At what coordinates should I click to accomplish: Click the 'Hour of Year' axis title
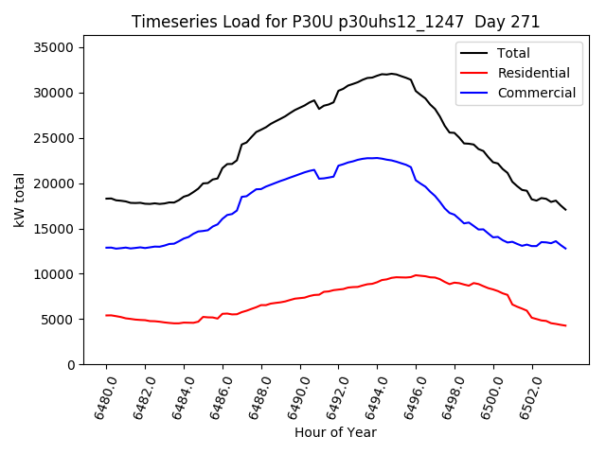tap(335, 432)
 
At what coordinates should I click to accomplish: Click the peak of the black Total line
tap(389, 73)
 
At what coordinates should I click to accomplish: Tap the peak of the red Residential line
tap(416, 275)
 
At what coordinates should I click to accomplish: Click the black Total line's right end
tap(566, 209)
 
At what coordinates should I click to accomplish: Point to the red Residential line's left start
tap(106, 315)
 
